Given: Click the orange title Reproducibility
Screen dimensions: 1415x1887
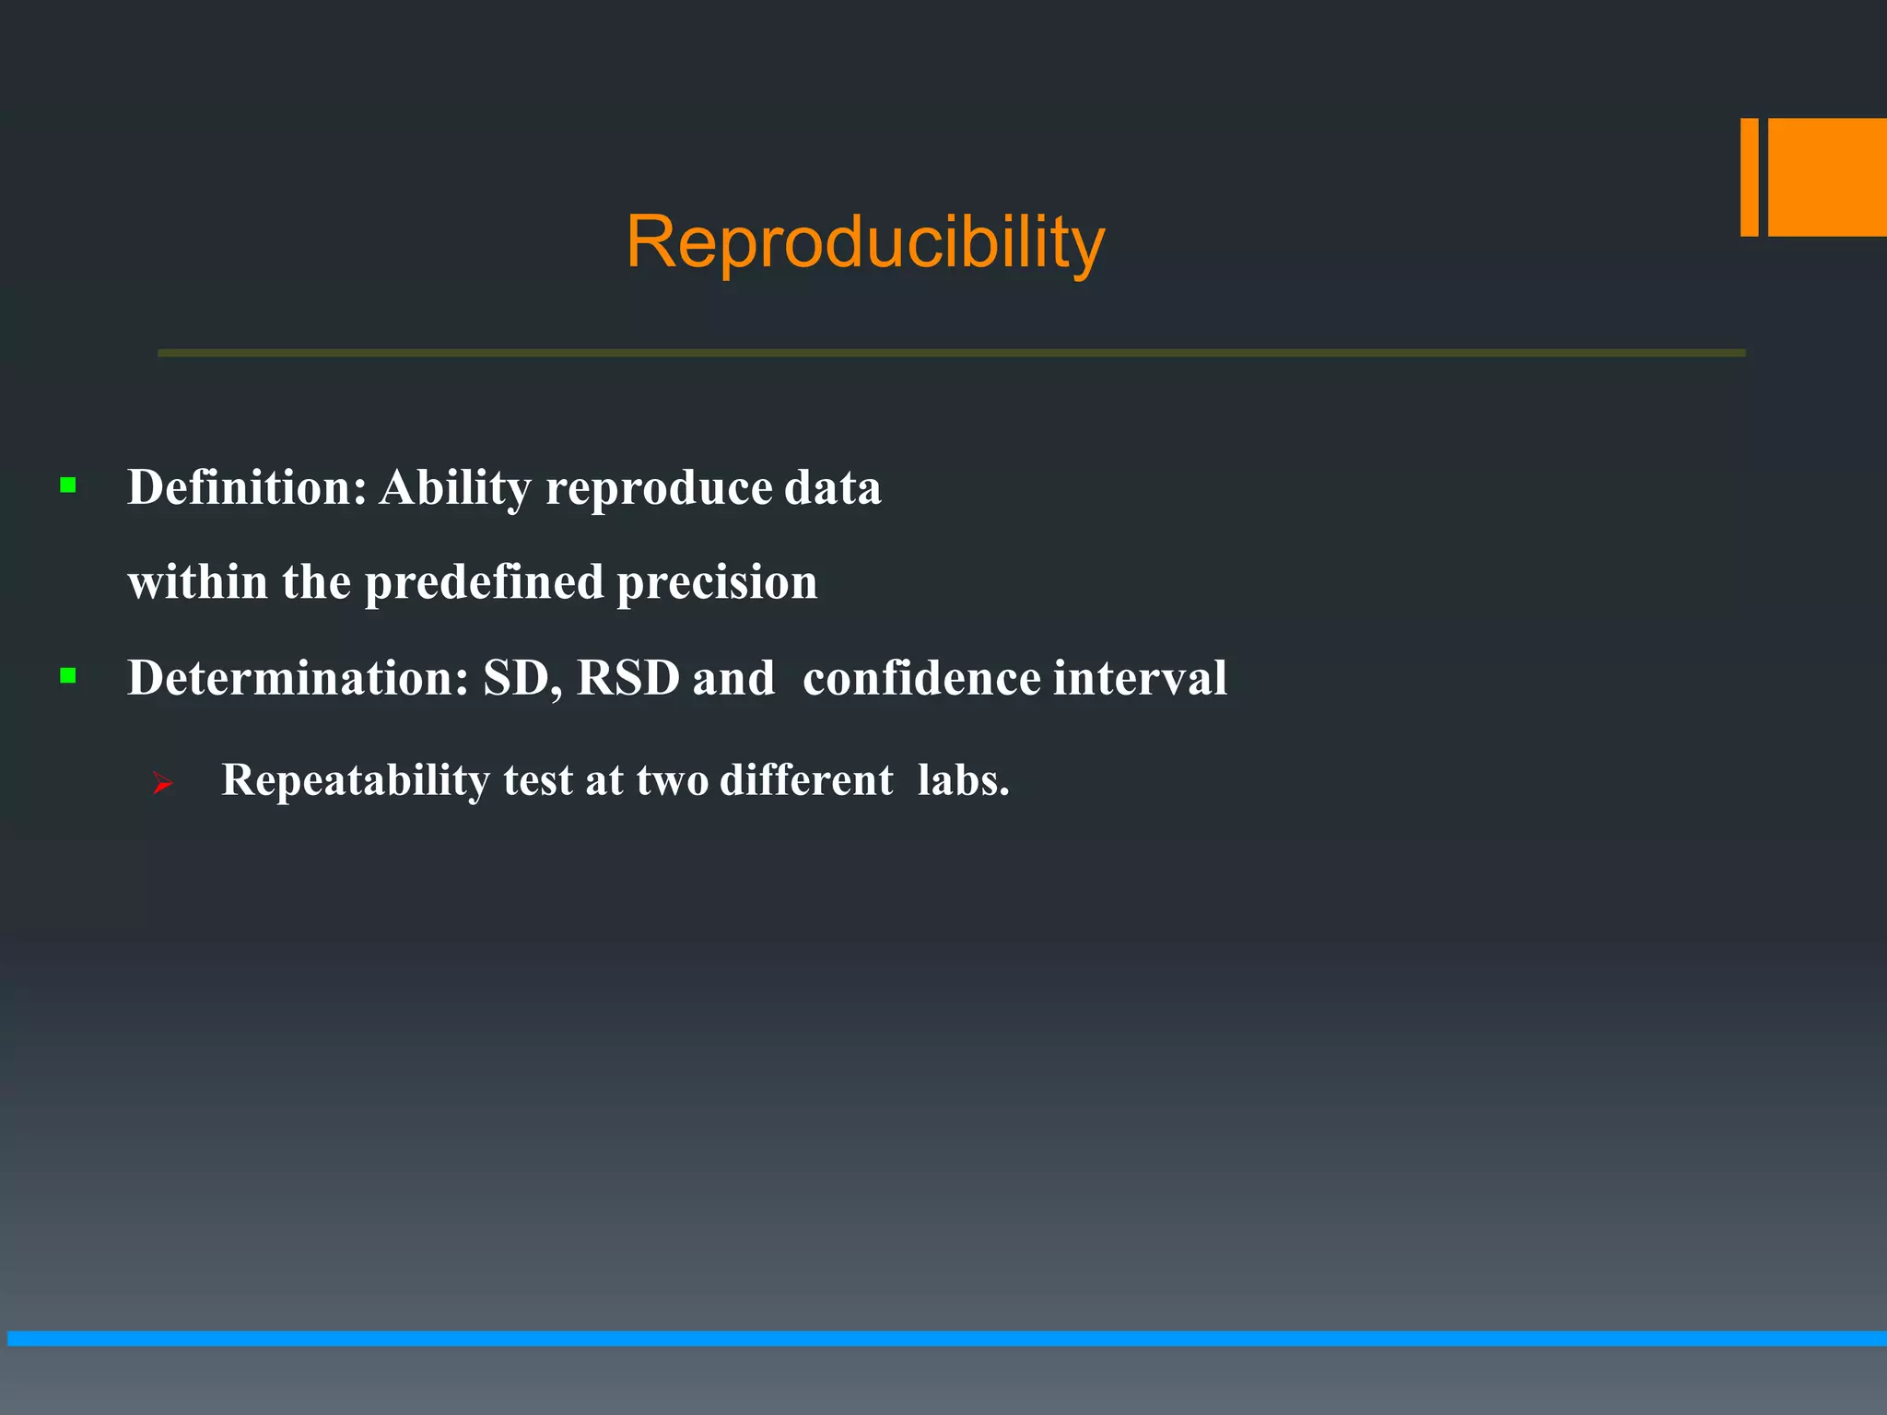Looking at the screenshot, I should (864, 241).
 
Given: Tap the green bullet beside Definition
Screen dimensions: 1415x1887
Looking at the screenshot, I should (68, 485).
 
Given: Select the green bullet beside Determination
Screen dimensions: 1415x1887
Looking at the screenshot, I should (68, 676).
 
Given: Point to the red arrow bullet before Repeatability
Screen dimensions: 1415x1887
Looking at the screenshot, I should (163, 784).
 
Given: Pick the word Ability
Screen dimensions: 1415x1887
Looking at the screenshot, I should (455, 488).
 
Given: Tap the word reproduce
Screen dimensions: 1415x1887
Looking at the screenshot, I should (658, 488).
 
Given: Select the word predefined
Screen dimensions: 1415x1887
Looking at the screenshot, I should (484, 583).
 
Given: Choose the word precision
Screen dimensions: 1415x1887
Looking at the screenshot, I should (717, 583).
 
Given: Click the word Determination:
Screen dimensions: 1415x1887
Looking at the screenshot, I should (298, 678).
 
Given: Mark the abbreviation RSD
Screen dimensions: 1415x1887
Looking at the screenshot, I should (627, 678).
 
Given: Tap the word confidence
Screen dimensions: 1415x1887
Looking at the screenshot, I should (921, 678).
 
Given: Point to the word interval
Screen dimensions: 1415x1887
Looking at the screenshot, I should (1140, 678).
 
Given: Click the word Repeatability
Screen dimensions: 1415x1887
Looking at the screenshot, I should (356, 781).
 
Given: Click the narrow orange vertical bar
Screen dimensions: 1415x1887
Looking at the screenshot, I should (1749, 177).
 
